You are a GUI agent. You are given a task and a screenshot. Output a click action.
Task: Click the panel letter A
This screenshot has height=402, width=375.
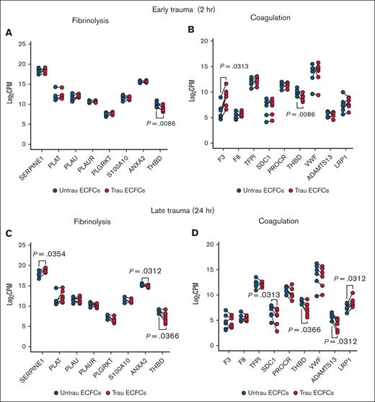pyautogui.click(x=8, y=33)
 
